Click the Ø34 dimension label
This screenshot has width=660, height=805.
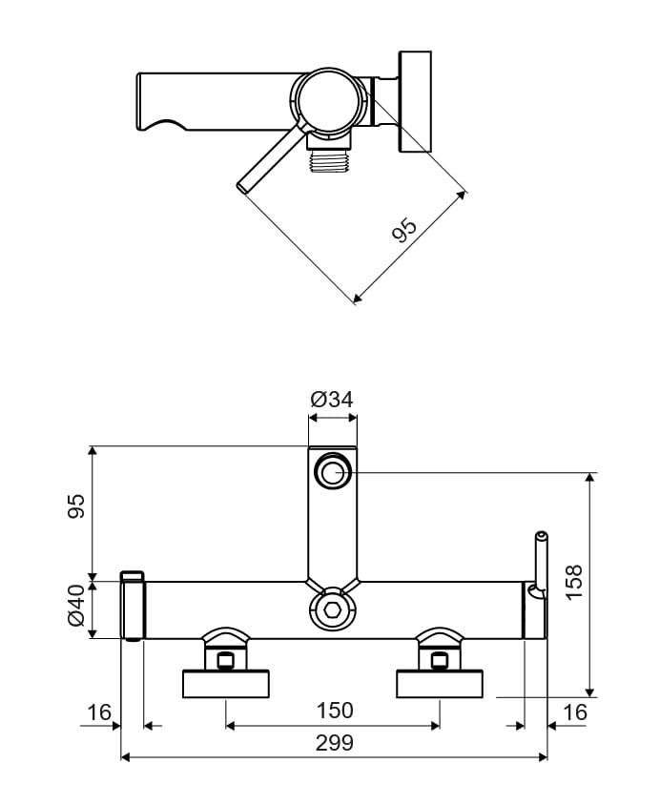click(x=332, y=399)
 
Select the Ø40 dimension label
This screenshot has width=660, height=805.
click(x=76, y=610)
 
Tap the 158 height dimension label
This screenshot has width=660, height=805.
click(x=573, y=582)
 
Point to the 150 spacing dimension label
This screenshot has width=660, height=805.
click(x=333, y=711)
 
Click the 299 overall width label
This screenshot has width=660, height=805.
click(x=333, y=743)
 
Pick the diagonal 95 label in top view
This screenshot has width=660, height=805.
click(x=405, y=231)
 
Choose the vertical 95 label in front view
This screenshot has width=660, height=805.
click(x=76, y=506)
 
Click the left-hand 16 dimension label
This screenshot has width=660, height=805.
click(x=98, y=712)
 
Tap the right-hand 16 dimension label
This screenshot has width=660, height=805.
click(x=574, y=712)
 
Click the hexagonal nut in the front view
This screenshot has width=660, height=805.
click(x=333, y=609)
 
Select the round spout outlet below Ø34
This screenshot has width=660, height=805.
click(x=333, y=469)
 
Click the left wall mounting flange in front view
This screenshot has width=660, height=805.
click(x=226, y=683)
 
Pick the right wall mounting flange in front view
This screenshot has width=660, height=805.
click(x=440, y=683)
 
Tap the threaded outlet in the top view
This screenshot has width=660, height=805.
click(x=330, y=158)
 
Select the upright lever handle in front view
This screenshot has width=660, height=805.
click(x=540, y=562)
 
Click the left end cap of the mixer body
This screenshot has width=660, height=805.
click(x=133, y=607)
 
